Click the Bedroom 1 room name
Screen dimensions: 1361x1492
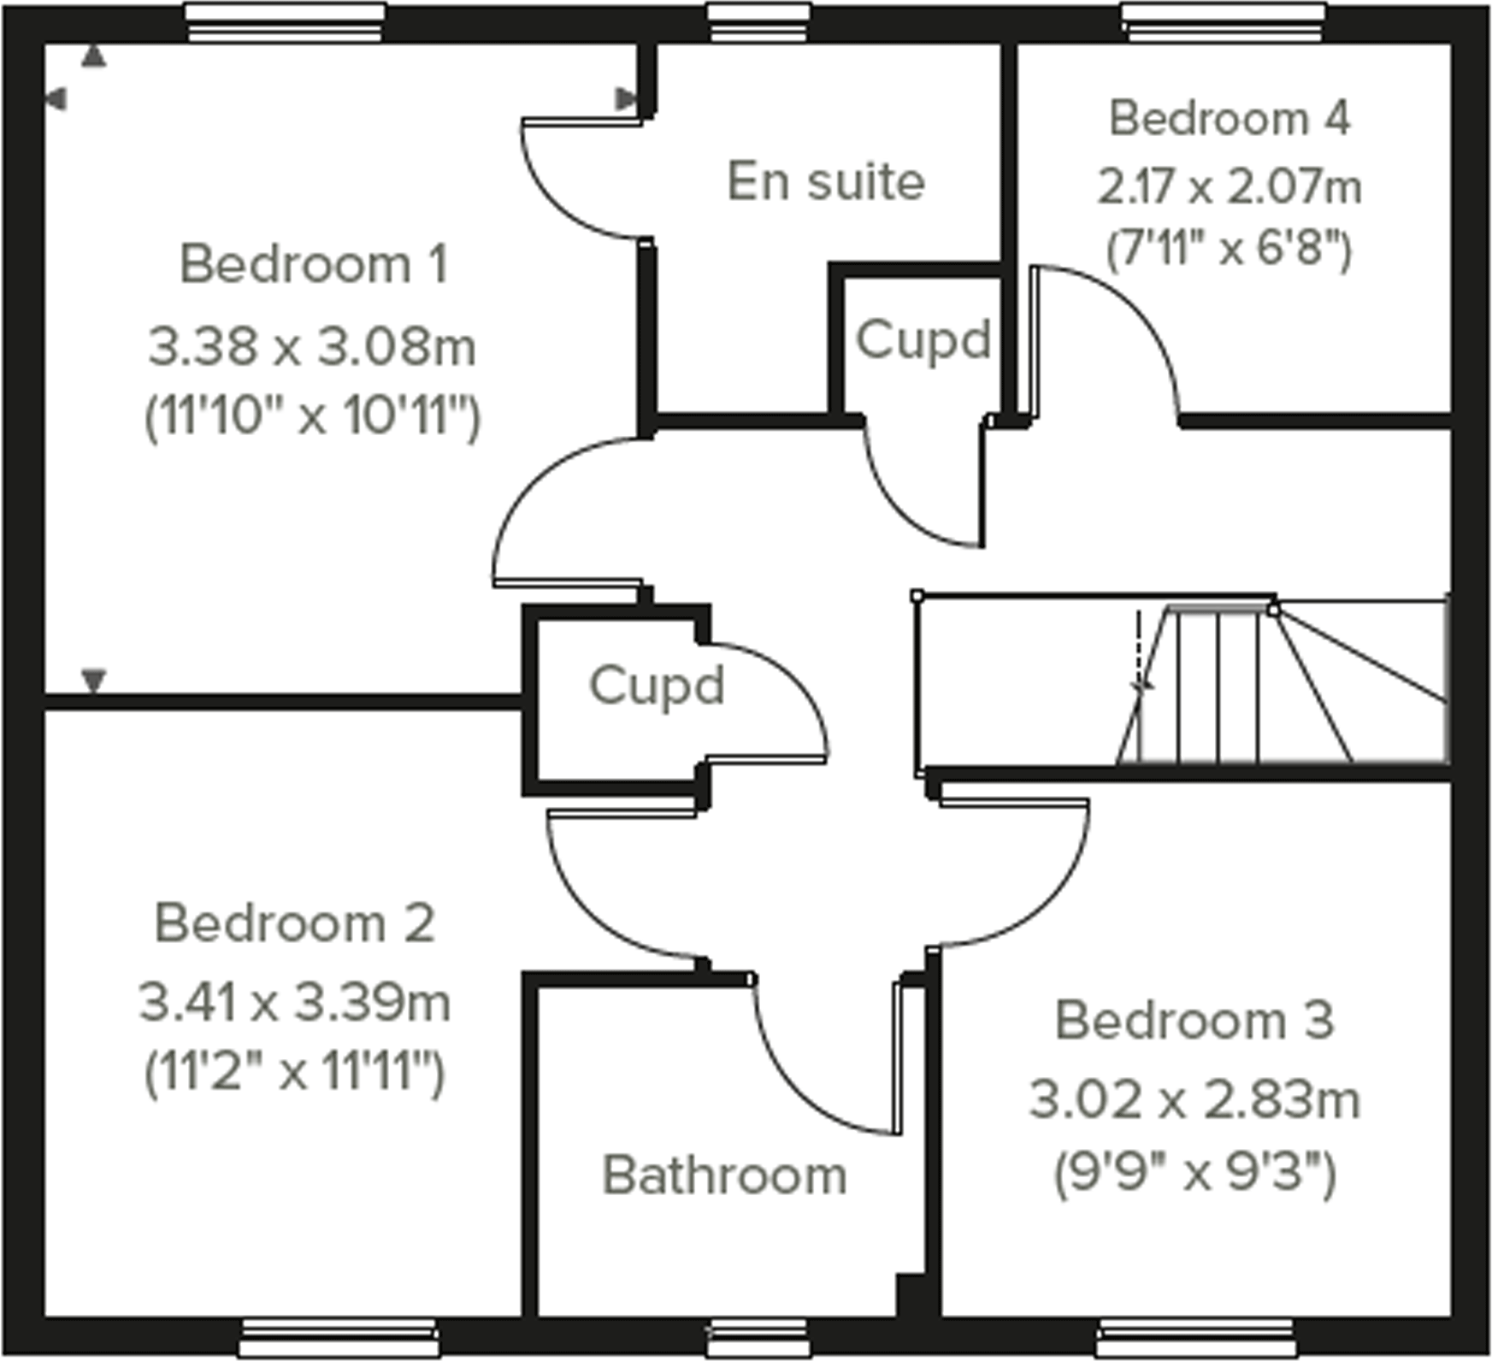click(x=314, y=264)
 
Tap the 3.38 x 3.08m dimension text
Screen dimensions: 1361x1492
click(x=312, y=348)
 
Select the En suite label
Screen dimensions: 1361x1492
click(x=826, y=182)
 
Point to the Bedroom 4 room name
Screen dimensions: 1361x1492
click(x=1230, y=119)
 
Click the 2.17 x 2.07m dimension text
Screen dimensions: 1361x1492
click(x=1230, y=187)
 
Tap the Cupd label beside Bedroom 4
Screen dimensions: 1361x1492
click(x=923, y=340)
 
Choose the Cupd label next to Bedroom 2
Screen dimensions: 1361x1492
click(x=657, y=686)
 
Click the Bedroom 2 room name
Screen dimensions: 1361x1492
click(x=295, y=923)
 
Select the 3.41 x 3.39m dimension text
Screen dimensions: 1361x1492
click(x=295, y=1002)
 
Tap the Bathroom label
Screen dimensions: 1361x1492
click(x=725, y=1175)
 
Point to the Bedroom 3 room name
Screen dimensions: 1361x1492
click(x=1194, y=1020)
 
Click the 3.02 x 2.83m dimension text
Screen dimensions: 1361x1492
click(x=1194, y=1099)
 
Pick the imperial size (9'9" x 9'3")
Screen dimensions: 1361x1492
click(x=1194, y=1173)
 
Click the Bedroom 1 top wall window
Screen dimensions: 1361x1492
click(x=286, y=23)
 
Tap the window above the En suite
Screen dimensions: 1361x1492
click(x=759, y=23)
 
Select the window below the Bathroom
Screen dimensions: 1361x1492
click(x=758, y=1337)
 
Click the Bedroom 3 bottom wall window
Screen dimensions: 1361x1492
click(x=1195, y=1337)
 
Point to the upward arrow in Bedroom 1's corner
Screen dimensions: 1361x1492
click(x=94, y=57)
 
